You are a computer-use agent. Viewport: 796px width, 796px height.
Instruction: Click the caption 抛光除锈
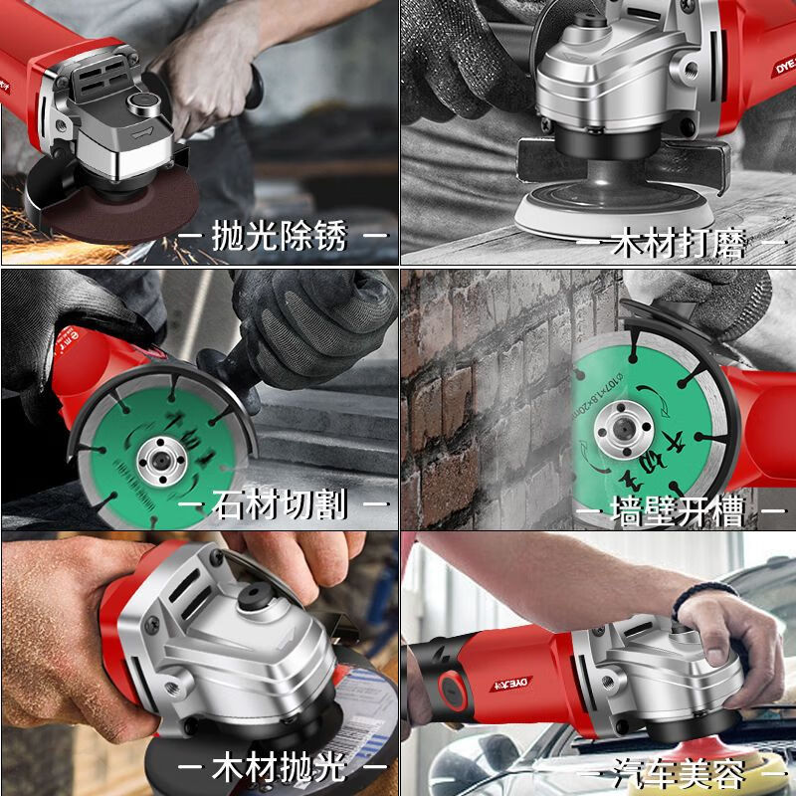(x=280, y=238)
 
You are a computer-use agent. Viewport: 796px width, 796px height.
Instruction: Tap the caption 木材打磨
(x=677, y=243)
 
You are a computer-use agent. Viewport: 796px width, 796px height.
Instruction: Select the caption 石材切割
(x=280, y=504)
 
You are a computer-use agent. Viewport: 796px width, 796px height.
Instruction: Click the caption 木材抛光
(x=280, y=768)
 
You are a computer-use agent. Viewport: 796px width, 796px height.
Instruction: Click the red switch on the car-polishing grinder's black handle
(x=450, y=685)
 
